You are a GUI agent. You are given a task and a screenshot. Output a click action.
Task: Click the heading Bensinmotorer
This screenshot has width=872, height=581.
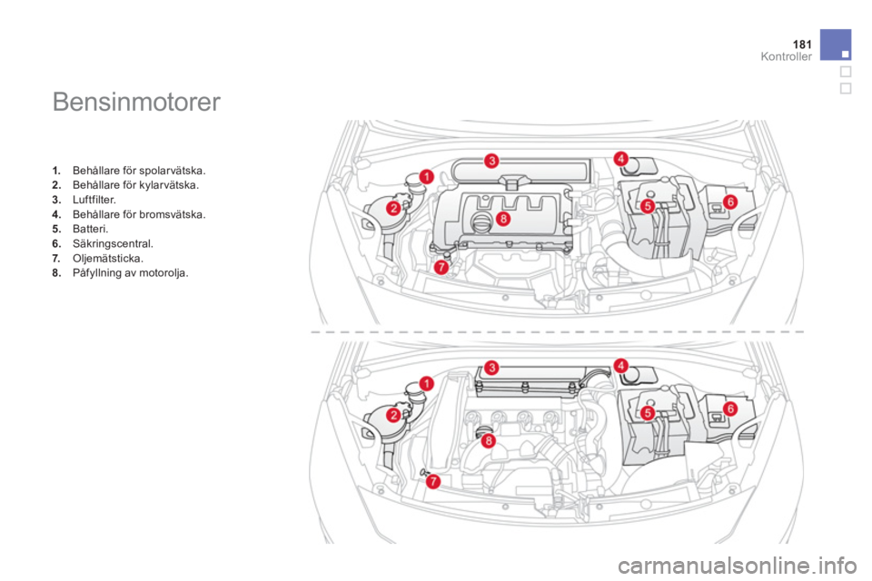pos(136,103)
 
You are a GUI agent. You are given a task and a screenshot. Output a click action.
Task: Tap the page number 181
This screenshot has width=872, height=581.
pos(802,44)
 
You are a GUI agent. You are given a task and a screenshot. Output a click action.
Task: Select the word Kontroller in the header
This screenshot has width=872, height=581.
pos(786,56)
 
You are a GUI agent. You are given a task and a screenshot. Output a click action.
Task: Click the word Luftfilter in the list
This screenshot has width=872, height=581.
pos(94,200)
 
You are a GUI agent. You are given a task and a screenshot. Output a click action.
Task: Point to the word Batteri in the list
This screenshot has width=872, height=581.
pos(90,229)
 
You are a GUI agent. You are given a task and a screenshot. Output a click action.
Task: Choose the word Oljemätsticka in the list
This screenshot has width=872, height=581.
pos(108,259)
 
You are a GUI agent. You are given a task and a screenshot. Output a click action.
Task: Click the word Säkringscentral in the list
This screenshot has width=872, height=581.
pos(113,243)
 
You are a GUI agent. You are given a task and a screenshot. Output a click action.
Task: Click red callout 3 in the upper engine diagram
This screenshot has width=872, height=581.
pos(491,162)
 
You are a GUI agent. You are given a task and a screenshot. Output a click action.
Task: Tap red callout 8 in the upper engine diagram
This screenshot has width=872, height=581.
pos(502,219)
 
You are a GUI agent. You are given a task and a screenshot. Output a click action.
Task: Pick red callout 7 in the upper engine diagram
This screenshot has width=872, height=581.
pos(441,268)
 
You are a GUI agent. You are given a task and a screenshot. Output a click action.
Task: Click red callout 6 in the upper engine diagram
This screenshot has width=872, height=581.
pos(730,202)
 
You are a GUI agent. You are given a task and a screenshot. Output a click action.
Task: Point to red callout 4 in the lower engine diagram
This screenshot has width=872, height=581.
pos(620,365)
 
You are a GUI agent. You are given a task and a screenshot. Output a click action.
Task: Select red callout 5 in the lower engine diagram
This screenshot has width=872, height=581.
pos(648,414)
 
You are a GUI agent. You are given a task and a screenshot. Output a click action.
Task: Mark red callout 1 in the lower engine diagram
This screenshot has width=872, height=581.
pos(427,384)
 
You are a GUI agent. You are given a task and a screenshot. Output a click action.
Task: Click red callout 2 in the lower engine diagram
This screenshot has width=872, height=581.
pos(393,415)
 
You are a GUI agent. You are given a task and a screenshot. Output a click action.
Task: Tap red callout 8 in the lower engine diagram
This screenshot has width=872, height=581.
pos(488,441)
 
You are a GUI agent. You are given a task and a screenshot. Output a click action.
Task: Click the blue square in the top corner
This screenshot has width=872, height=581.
pos(836,44)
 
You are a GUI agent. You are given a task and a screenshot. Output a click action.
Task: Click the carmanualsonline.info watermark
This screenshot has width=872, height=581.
pos(737,566)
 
